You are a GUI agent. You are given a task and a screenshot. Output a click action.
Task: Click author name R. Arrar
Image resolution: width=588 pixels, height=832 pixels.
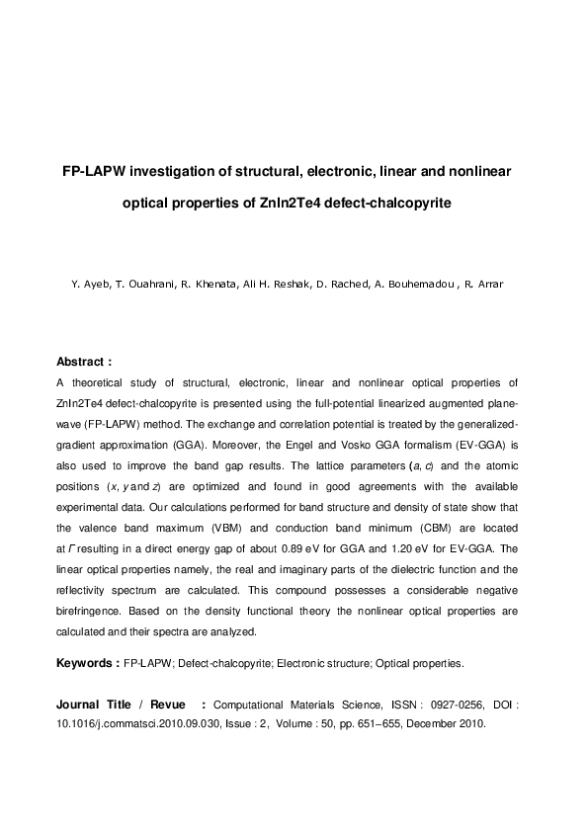click(484, 285)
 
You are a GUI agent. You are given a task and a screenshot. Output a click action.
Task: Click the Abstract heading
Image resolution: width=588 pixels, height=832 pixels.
click(84, 362)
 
